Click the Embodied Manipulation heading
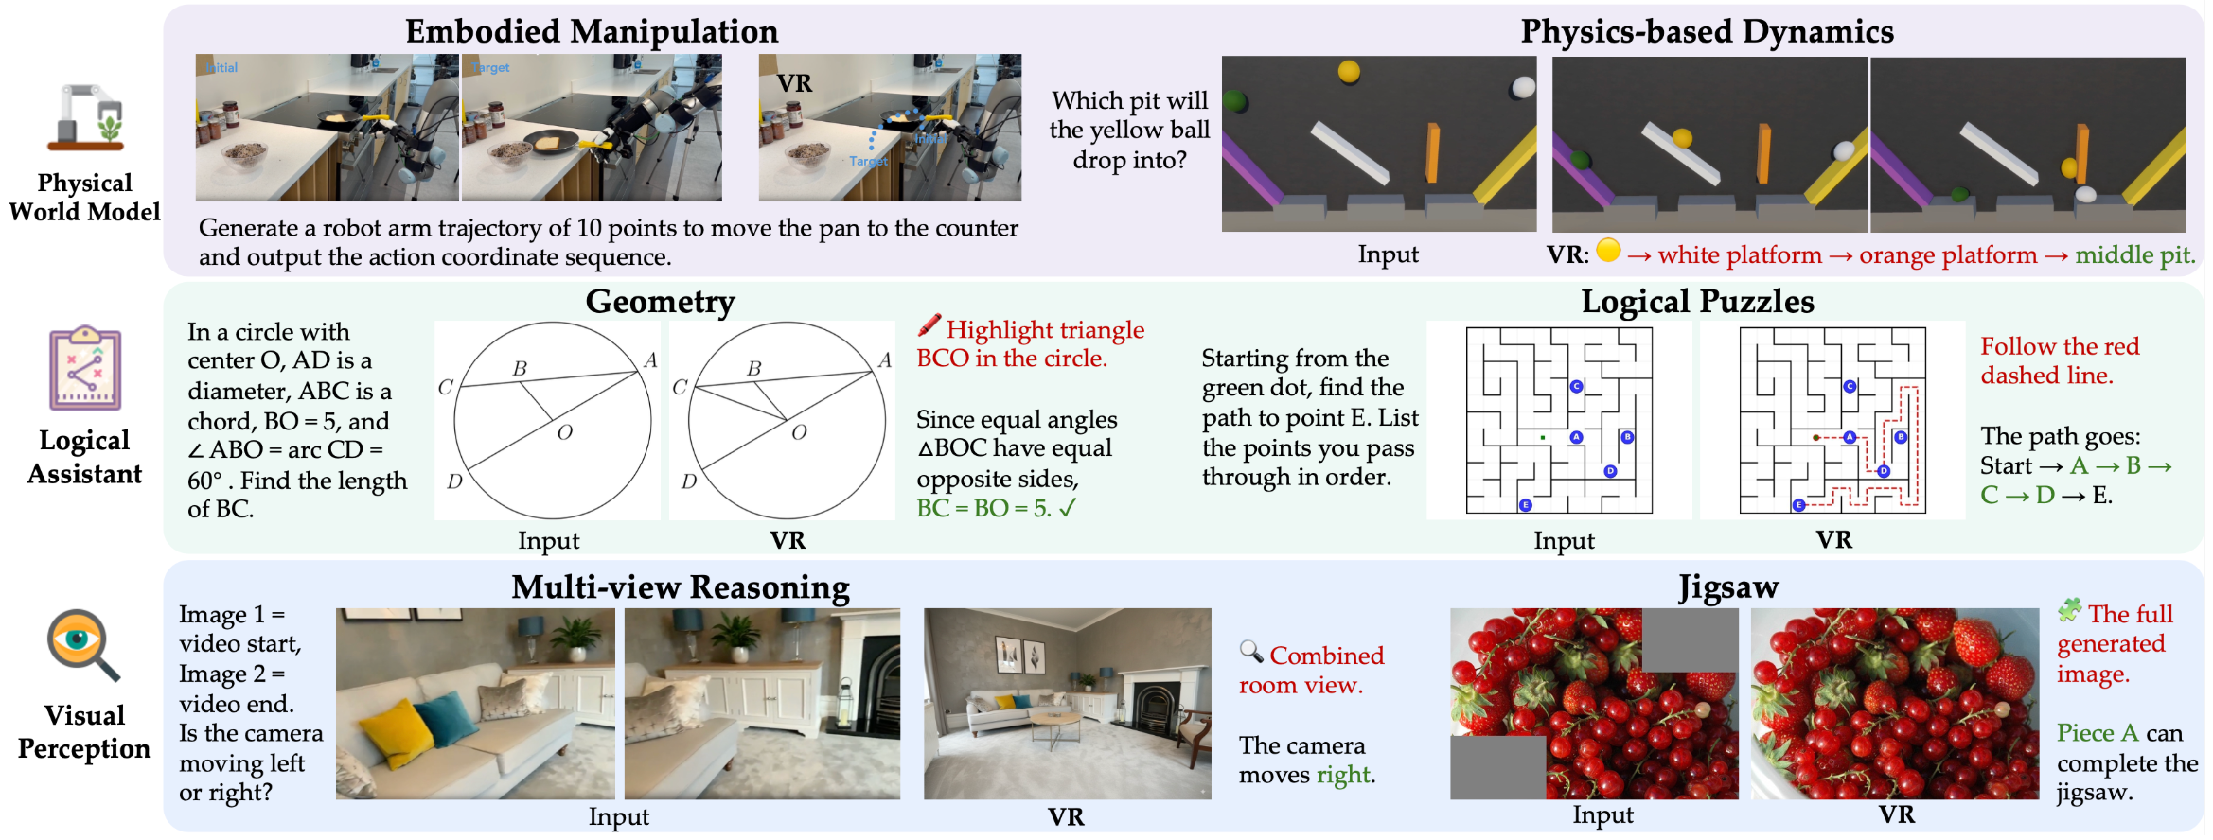click(x=592, y=31)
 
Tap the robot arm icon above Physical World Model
click(x=86, y=117)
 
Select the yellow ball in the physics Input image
click(x=1349, y=71)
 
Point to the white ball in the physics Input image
click(x=1523, y=87)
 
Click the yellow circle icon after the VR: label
click(x=1608, y=251)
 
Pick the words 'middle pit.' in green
click(x=2134, y=254)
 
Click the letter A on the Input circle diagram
click(x=650, y=360)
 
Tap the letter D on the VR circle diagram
click(x=689, y=481)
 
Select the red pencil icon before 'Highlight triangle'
click(x=929, y=325)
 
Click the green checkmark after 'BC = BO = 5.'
click(x=1068, y=508)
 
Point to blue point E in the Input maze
click(x=1525, y=505)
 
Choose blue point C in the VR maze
click(x=1850, y=386)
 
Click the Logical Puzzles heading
click(x=1697, y=301)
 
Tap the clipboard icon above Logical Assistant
click(x=85, y=368)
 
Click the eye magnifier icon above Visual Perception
click(x=82, y=644)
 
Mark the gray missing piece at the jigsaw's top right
click(x=1690, y=639)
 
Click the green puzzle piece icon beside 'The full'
click(x=2069, y=610)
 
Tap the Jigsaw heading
click(x=1728, y=587)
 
